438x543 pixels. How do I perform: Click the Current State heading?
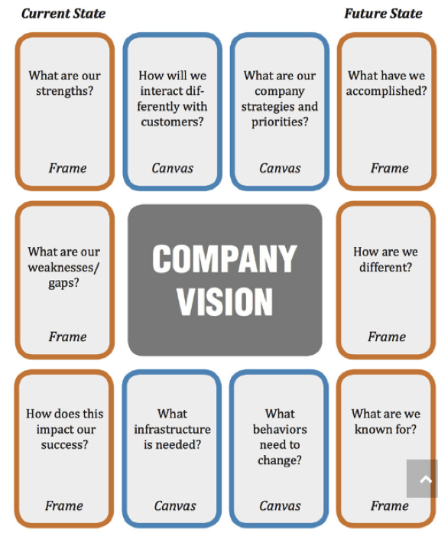pos(63,14)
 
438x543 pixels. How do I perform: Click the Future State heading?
pos(383,14)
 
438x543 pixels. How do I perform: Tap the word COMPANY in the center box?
pos(225,258)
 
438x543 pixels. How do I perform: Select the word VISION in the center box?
pos(225,301)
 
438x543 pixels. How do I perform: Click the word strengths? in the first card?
pos(65,91)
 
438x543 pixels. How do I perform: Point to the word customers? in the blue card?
pos(172,122)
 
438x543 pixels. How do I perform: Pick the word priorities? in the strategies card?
pos(280,122)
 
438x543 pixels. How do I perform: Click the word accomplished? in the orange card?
pos(387,91)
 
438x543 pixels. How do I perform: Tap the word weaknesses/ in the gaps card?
pos(63,268)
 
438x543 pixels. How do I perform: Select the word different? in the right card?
pos(386,268)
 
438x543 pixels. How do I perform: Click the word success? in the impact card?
pos(65,444)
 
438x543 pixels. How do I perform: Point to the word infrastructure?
pos(172,429)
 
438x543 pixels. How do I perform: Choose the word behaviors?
pos(280,429)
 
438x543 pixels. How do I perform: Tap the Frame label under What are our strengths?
pos(67,168)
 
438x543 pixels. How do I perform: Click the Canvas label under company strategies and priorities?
pos(280,168)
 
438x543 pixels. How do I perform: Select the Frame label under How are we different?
pos(387,337)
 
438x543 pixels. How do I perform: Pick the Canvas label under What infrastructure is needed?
pos(175,506)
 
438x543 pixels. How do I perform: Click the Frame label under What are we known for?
pos(390,506)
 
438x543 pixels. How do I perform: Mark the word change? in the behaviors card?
pos(280,460)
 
